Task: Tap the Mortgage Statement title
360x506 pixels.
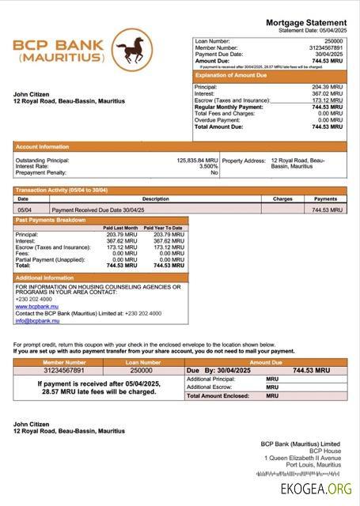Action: pyautogui.click(x=306, y=22)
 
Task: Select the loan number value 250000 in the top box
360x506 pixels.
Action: pyautogui.click(x=334, y=40)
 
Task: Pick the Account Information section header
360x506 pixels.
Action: pyautogui.click(x=42, y=146)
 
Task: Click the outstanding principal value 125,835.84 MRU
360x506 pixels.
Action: pyautogui.click(x=197, y=160)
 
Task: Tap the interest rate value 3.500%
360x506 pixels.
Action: pyautogui.click(x=208, y=166)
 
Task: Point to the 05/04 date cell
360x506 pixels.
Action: pyautogui.click(x=24, y=210)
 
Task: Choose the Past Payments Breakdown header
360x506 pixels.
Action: pyautogui.click(x=51, y=220)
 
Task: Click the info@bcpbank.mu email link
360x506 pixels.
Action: pyautogui.click(x=37, y=320)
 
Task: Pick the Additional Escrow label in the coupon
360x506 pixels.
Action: pyautogui.click(x=210, y=387)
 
